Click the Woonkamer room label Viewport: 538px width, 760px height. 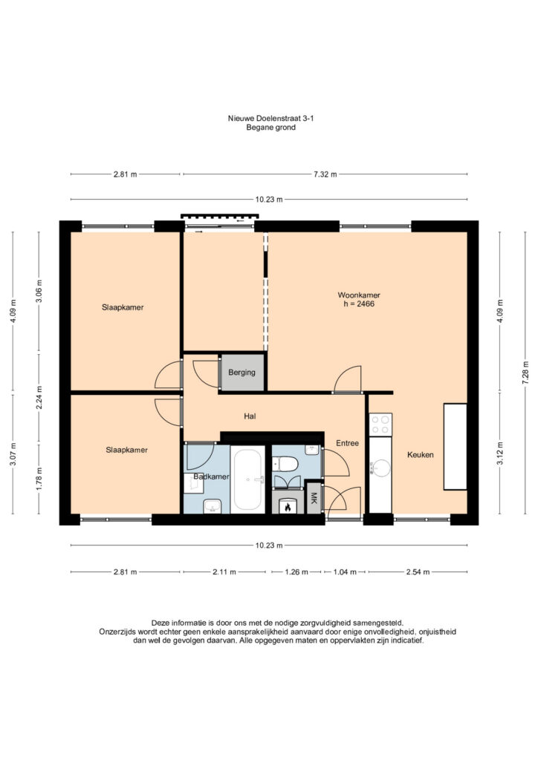point(358,295)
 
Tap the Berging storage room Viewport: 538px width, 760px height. point(242,373)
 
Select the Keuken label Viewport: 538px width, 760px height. point(420,455)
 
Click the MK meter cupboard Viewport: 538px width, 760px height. point(314,498)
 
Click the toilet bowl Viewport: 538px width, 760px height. point(285,465)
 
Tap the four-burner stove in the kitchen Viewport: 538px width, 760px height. point(380,425)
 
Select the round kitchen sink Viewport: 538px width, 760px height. point(380,468)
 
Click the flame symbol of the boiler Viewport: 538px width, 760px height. point(288,506)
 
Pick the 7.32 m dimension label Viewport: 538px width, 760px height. point(325,174)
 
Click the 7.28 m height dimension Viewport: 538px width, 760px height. point(525,373)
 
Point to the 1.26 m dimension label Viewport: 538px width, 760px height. point(296,572)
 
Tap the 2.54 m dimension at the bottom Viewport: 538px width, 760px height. point(418,572)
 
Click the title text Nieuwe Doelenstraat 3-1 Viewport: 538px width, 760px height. point(270,118)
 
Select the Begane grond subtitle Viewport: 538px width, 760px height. point(270,128)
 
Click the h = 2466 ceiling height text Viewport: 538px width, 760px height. point(358,304)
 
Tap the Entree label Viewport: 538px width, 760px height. point(347,443)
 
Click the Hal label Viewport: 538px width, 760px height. point(250,416)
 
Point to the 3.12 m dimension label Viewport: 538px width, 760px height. point(499,453)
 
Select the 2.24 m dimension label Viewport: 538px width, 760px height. point(39,398)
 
